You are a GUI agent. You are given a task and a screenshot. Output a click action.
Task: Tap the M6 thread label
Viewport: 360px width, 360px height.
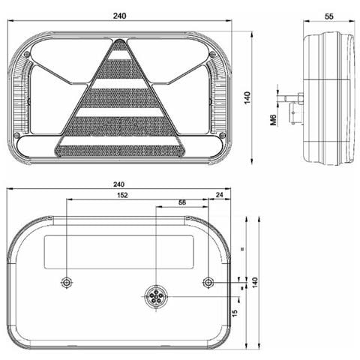click(274, 118)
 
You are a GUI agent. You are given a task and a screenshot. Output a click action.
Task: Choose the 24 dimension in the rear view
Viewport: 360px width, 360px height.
click(219, 195)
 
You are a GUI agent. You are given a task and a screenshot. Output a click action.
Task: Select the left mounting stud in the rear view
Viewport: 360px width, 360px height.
click(66, 282)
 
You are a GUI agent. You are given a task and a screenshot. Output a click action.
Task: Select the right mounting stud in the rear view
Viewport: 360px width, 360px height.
click(208, 282)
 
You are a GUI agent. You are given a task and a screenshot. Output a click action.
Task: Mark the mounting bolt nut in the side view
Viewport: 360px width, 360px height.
click(298, 98)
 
